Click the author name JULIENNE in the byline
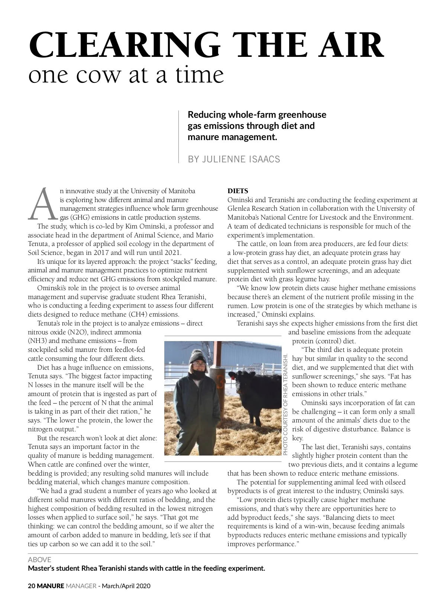[222, 159]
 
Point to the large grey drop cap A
[42, 204]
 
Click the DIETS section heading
[237, 191]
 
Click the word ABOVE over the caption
[40, 560]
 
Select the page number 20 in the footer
[32, 586]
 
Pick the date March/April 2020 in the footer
[126, 586]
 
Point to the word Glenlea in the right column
[239, 208]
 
